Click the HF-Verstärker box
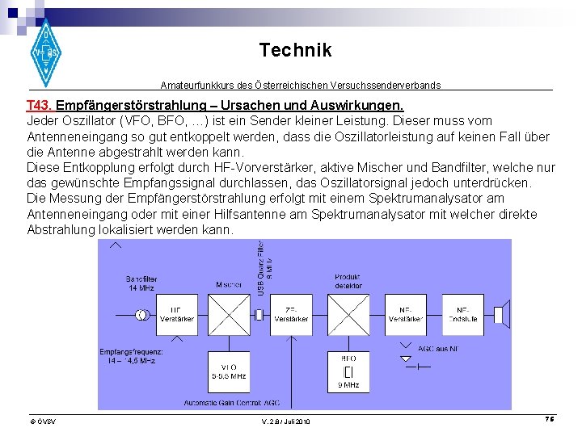pos(176,315)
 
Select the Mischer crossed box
pos(229,314)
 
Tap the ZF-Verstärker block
pos(291,315)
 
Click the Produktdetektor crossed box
pos(348,314)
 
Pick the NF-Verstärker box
pos(406,315)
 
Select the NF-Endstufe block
pos(463,315)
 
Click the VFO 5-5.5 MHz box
pos(229,372)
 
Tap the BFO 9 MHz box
pos(348,372)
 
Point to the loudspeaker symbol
pos(501,315)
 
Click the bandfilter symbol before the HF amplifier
pos(142,315)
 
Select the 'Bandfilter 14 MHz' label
pos(141,283)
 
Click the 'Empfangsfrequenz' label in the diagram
pos(131,356)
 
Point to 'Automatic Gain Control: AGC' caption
pos(231,402)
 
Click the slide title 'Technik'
pos(295,50)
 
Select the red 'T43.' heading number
pos(40,106)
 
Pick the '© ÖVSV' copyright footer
pos(42,421)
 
